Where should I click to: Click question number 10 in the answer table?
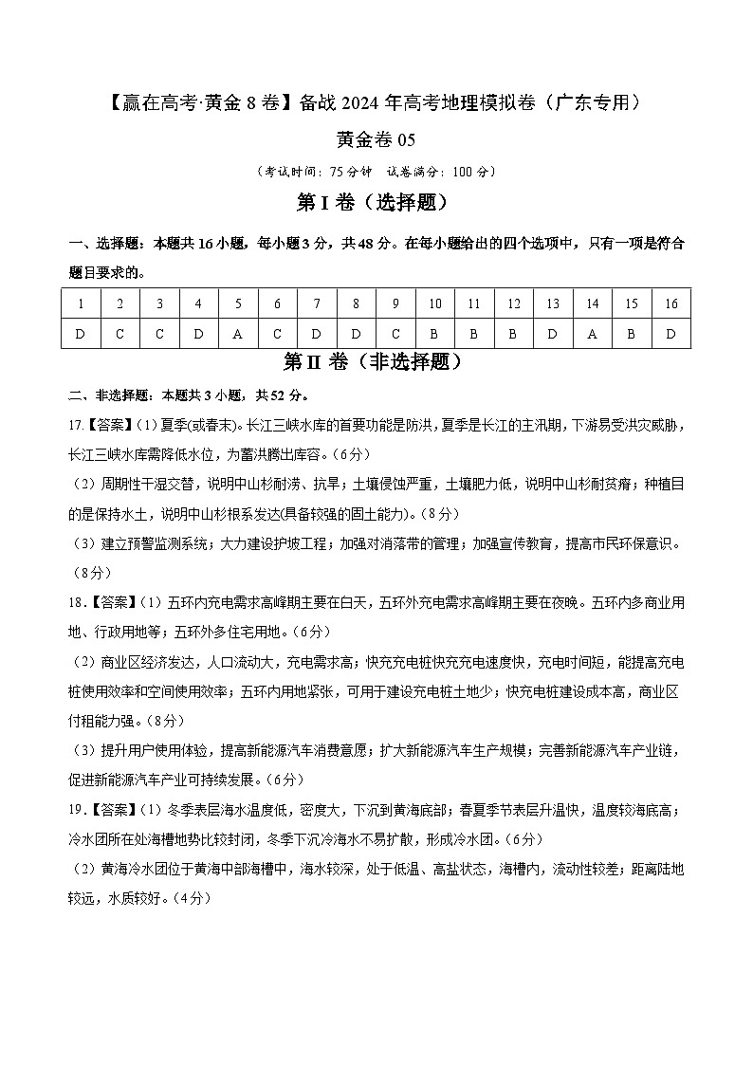(x=434, y=303)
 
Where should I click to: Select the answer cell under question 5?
(x=238, y=334)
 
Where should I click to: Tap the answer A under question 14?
(x=592, y=334)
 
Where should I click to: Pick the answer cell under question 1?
(x=82, y=334)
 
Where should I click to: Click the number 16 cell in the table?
(x=671, y=303)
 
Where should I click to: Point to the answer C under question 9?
(x=395, y=334)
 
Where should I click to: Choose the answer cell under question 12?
(x=513, y=334)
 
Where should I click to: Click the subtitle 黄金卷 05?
(x=376, y=140)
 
